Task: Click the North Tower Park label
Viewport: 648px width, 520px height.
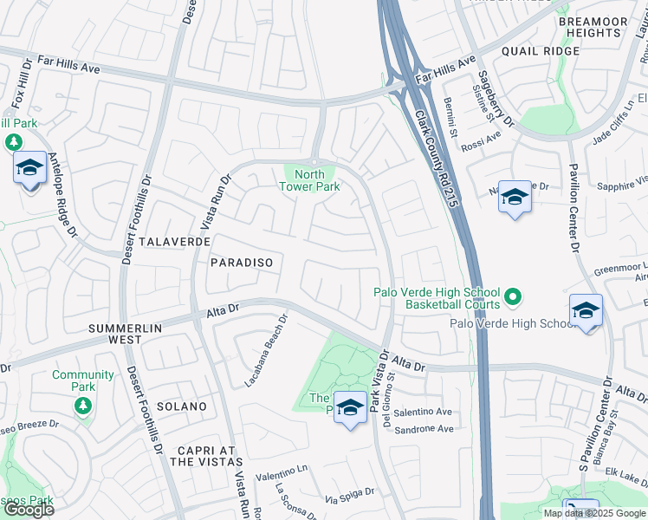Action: (309, 179)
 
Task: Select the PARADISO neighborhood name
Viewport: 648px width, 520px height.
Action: (242, 262)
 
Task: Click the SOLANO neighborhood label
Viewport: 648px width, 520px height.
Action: (182, 406)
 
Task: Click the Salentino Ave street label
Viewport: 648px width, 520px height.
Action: (424, 413)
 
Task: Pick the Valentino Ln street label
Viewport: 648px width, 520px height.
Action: (282, 469)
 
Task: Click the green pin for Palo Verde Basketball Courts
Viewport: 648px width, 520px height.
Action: (513, 297)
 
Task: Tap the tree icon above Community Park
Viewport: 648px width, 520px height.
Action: (83, 405)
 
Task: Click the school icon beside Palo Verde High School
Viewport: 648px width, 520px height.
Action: (586, 311)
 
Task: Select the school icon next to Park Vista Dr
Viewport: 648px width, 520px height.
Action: (350, 407)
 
